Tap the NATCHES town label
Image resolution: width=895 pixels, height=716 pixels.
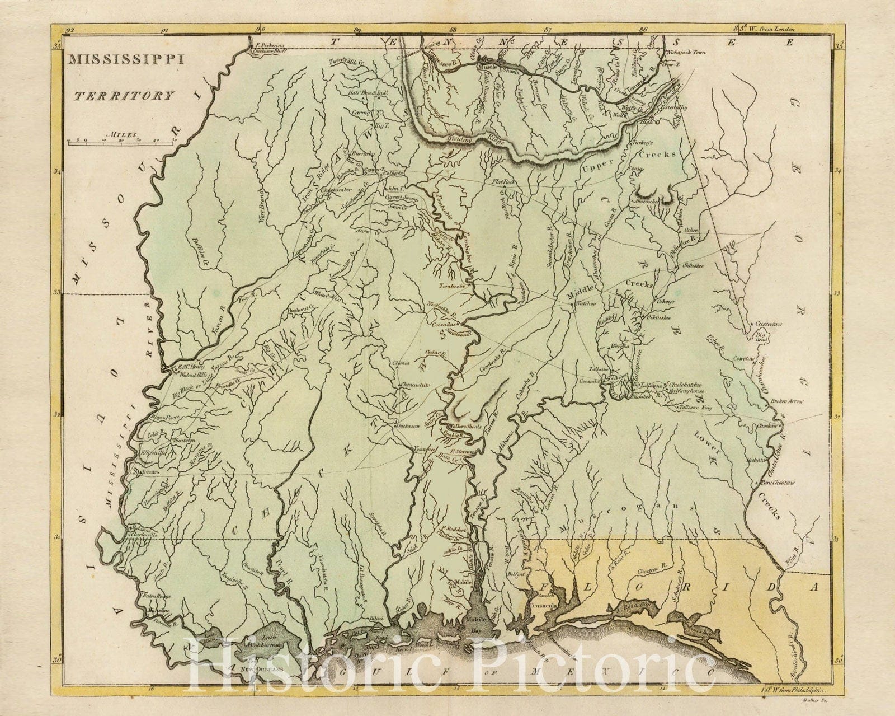point(146,472)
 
